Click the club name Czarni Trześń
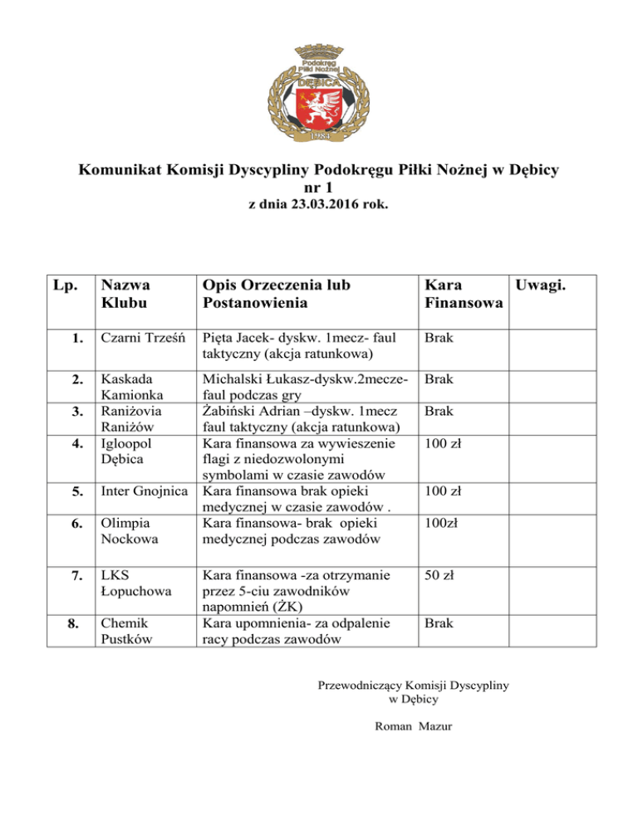tap(144, 339)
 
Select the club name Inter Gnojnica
tap(144, 491)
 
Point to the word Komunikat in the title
tap(123, 171)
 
